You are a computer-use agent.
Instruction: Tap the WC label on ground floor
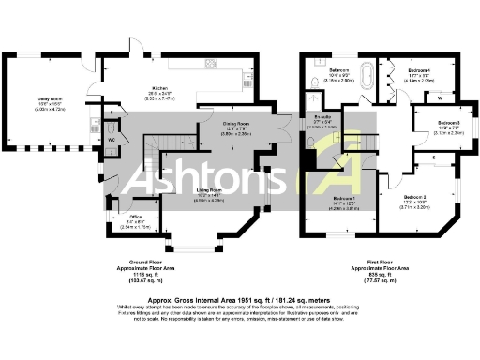click(112, 141)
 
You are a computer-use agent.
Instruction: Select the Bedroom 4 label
click(417, 71)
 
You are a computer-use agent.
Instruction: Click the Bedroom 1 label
click(346, 199)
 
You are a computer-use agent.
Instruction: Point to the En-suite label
click(322, 118)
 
